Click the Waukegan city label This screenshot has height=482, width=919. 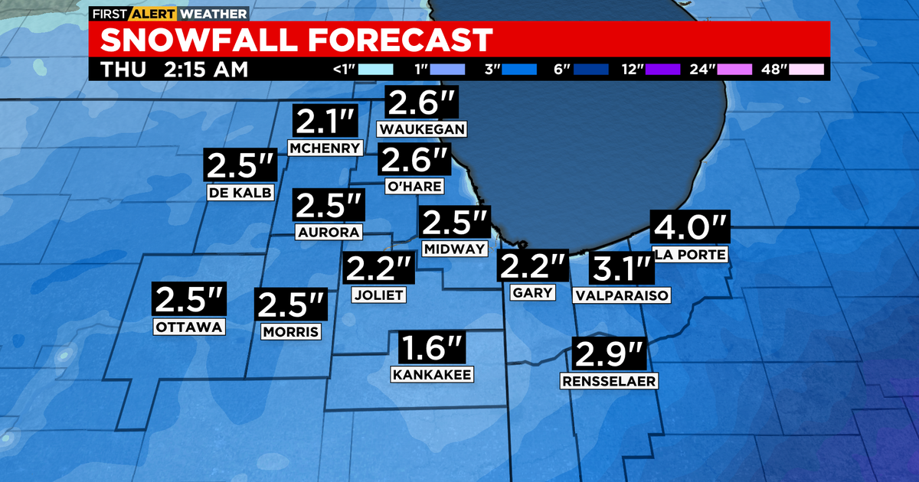(x=422, y=129)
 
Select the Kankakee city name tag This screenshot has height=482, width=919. (x=432, y=374)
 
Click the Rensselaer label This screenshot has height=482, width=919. (x=610, y=381)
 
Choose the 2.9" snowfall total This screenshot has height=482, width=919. (x=610, y=355)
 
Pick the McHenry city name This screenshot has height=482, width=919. (x=325, y=148)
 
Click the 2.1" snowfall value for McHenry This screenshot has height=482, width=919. (x=325, y=122)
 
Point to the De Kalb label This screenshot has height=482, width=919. (x=240, y=193)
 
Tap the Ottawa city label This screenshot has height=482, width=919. (x=189, y=327)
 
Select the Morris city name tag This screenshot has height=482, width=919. (x=290, y=332)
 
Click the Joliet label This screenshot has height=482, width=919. (x=378, y=295)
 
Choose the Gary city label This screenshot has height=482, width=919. (x=533, y=292)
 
